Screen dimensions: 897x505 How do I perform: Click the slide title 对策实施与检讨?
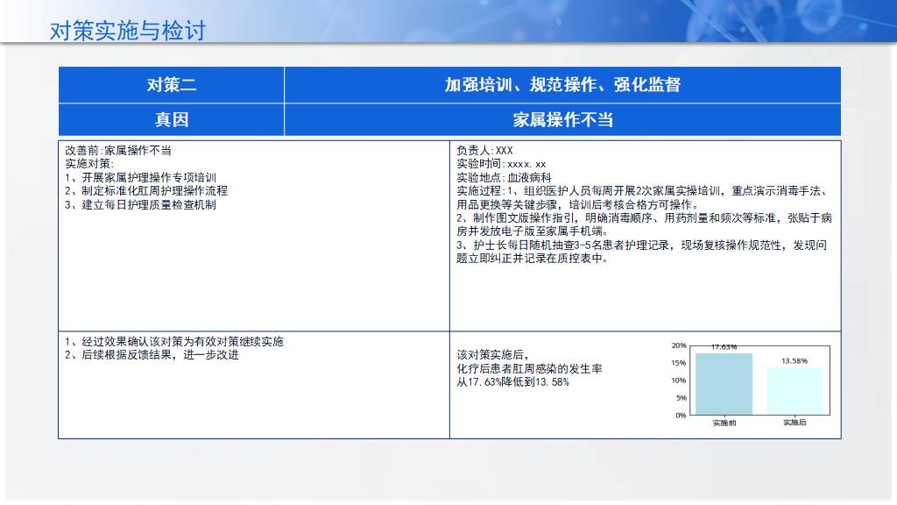click(x=128, y=31)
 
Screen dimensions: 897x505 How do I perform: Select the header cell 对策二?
click(x=172, y=85)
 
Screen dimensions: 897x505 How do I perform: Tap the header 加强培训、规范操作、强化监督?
click(x=563, y=85)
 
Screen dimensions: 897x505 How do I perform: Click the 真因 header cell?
click(x=172, y=119)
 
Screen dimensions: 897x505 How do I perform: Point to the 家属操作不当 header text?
click(x=563, y=119)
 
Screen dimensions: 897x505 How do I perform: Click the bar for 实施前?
click(x=724, y=384)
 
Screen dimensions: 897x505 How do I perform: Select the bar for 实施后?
click(x=795, y=391)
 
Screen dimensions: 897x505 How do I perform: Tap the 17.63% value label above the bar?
click(x=724, y=347)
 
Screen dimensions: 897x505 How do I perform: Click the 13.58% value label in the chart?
click(x=795, y=360)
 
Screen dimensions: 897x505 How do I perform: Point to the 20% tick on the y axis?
click(x=679, y=345)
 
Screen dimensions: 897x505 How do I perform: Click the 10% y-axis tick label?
click(x=679, y=381)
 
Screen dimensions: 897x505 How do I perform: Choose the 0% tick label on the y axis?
click(x=681, y=415)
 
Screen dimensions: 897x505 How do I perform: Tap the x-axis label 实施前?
click(x=724, y=423)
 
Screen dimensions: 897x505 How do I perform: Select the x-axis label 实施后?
click(x=795, y=423)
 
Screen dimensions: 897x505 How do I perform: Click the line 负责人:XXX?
click(x=484, y=151)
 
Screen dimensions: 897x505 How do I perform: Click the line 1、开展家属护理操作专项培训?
click(x=141, y=177)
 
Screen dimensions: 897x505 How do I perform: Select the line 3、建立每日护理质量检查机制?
click(x=141, y=204)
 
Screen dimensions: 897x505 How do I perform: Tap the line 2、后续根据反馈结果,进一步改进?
click(x=152, y=355)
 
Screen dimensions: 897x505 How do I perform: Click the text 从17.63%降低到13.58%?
click(x=512, y=382)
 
